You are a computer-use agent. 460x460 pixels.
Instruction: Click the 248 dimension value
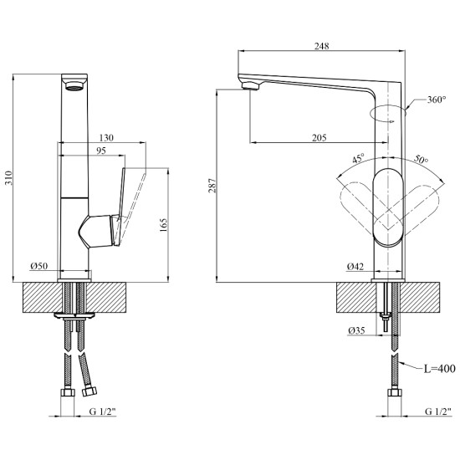(x=322, y=46)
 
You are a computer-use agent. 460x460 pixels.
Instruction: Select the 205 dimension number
(x=319, y=138)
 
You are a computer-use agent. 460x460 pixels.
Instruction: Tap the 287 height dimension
(x=212, y=186)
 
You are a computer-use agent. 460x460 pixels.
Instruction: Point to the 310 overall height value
(x=9, y=177)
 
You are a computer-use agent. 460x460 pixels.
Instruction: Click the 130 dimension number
(x=106, y=138)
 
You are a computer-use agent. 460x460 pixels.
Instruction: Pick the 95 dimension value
(x=101, y=151)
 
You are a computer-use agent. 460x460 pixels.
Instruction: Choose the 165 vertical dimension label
(x=164, y=225)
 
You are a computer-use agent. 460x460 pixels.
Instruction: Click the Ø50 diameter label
(x=39, y=266)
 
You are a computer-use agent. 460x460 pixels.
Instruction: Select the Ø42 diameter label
(x=355, y=266)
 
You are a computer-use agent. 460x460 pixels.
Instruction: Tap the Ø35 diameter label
(x=357, y=330)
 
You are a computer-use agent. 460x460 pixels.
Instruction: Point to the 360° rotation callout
(x=437, y=100)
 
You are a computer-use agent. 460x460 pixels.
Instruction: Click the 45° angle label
(x=359, y=158)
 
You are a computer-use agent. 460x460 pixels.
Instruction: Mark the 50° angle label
(x=421, y=159)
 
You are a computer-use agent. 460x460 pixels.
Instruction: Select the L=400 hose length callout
(x=440, y=369)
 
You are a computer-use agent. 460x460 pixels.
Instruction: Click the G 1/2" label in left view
(x=103, y=411)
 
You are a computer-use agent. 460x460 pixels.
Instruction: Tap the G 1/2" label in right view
(x=438, y=411)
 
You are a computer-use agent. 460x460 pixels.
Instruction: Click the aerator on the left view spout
(x=74, y=86)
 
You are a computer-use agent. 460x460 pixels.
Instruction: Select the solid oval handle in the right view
(x=388, y=207)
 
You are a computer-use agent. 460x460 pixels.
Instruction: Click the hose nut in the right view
(x=395, y=392)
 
